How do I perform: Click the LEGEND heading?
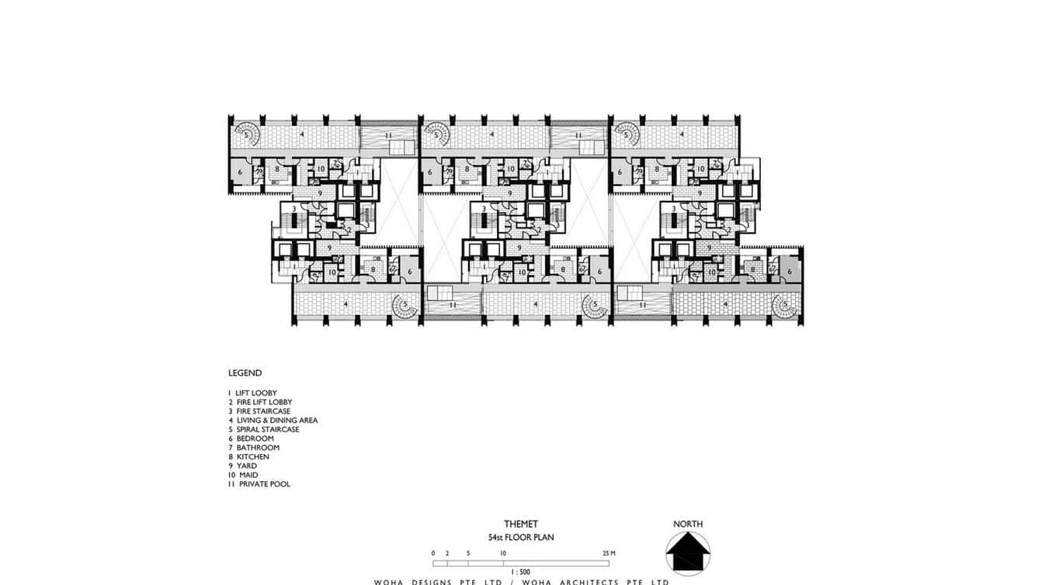tap(245, 373)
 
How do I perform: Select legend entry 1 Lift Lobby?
tap(252, 393)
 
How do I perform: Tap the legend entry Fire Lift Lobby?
tap(259, 403)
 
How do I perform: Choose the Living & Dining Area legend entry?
tap(273, 421)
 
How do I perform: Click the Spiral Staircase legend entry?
tap(263, 430)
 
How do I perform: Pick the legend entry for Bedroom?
tap(251, 438)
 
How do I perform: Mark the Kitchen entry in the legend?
tap(249, 457)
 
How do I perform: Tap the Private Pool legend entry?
tap(259, 484)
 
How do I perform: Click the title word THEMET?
tap(520, 524)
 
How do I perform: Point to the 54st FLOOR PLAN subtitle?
tap(520, 537)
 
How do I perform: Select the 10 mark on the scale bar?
tap(504, 553)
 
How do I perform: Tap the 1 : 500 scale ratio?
tap(520, 572)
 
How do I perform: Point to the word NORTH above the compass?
tap(687, 524)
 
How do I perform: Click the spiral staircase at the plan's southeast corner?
tap(786, 306)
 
